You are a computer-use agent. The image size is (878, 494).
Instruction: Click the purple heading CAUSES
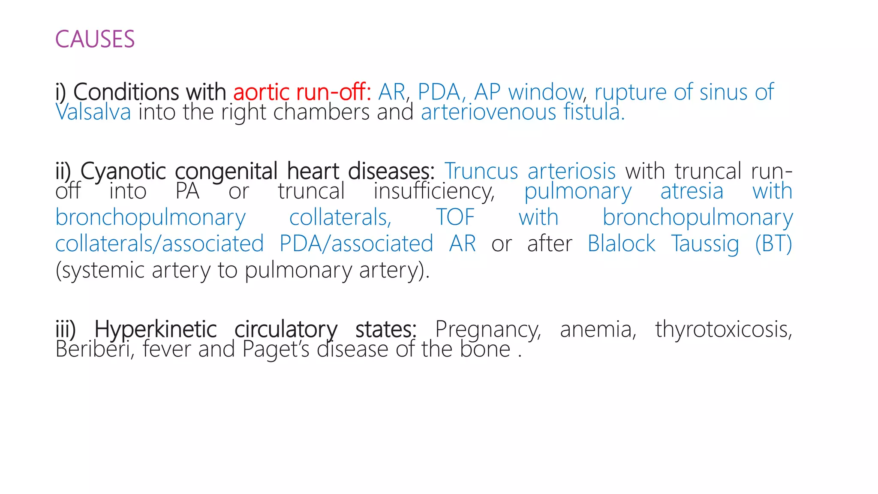click(95, 39)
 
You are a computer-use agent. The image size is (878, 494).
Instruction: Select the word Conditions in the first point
click(150, 92)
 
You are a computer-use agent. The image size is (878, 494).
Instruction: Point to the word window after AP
click(546, 92)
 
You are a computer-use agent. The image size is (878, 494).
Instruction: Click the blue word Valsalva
click(93, 112)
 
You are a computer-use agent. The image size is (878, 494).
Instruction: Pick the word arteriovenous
click(488, 112)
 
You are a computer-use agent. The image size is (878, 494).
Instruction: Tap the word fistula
click(593, 112)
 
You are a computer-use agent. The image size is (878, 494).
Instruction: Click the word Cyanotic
click(123, 172)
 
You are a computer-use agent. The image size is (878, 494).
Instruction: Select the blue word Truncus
click(481, 172)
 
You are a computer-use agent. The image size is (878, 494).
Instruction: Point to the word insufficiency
click(434, 191)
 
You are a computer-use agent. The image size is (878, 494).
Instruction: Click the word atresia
click(692, 191)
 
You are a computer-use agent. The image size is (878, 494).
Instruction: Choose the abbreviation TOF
click(455, 217)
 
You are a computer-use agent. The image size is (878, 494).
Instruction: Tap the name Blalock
click(621, 244)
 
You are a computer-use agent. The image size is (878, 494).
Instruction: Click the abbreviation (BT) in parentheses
click(773, 244)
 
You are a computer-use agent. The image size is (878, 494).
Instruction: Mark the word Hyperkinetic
click(155, 330)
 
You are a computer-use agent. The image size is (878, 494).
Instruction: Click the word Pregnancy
click(488, 330)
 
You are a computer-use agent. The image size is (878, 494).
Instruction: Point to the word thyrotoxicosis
click(723, 330)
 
